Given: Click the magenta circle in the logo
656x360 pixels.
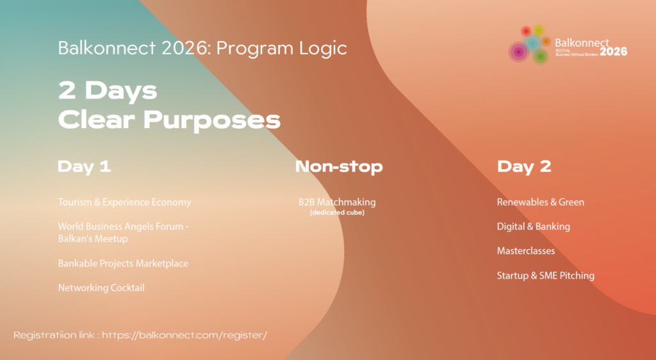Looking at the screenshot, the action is (x=519, y=52).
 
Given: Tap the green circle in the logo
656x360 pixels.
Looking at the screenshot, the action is (x=541, y=56).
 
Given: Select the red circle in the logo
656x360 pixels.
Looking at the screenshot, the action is (x=527, y=31).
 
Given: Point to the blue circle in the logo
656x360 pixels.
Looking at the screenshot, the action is (x=532, y=43).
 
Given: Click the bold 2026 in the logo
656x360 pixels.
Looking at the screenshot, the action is (x=613, y=51).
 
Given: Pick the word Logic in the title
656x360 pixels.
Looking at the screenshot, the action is (x=323, y=49).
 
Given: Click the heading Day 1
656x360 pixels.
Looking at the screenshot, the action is (x=84, y=167).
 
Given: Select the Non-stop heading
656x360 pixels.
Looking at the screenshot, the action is (x=339, y=167).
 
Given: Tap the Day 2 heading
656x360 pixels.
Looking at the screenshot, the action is (x=524, y=167).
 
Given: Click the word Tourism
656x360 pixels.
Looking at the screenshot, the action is (x=75, y=202).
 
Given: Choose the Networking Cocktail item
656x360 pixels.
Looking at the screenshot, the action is (x=101, y=288).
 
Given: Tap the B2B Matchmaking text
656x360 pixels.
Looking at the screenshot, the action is (x=337, y=202).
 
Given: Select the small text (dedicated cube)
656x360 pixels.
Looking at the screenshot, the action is (x=337, y=213).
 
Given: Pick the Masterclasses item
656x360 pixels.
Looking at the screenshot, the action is (x=526, y=251).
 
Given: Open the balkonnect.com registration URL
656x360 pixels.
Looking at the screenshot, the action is (x=184, y=335).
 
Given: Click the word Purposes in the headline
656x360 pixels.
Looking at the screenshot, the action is (x=211, y=120).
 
